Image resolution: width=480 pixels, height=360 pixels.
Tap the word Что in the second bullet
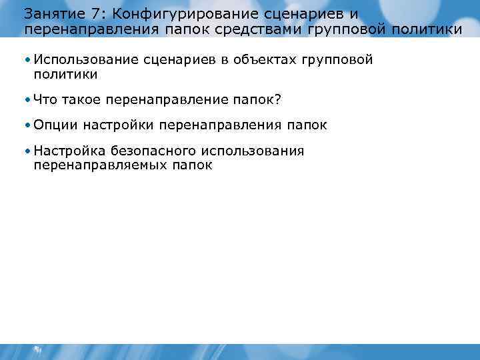[45, 99]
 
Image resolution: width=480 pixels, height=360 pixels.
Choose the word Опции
[55, 125]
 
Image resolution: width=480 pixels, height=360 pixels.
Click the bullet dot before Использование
[27, 61]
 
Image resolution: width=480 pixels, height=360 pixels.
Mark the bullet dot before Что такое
[27, 100]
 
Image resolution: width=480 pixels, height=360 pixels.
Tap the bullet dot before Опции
[27, 125]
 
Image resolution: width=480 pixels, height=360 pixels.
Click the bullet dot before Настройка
[27, 151]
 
